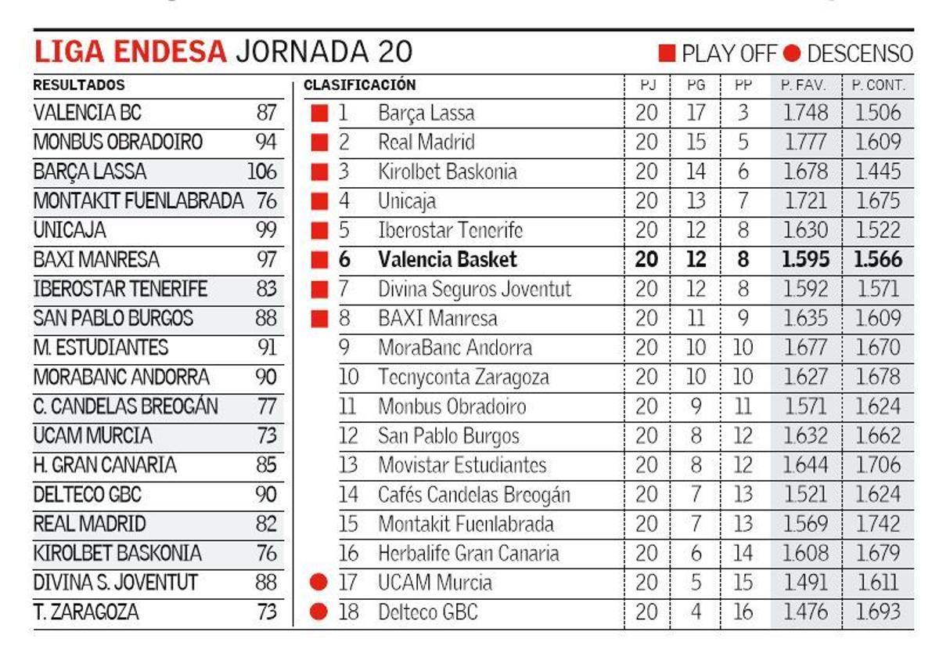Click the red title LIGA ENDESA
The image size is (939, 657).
[x=130, y=52]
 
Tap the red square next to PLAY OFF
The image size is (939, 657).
[x=667, y=53]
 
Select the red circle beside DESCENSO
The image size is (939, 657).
[x=792, y=53]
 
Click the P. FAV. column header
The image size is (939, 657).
[x=804, y=85]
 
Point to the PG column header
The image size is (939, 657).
[x=695, y=85]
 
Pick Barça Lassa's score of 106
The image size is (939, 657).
[x=262, y=171]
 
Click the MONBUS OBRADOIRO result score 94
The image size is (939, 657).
[x=266, y=143]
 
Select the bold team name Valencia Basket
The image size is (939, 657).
[x=448, y=260]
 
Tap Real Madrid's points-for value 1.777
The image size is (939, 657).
[x=805, y=143]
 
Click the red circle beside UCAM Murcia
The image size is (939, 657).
[x=318, y=583]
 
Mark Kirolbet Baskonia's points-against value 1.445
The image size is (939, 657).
[x=877, y=171]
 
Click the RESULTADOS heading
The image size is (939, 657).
[x=79, y=85]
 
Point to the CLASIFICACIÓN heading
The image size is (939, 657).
[x=360, y=85]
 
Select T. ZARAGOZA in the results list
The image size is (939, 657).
[x=86, y=612]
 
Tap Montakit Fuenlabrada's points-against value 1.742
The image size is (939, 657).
[x=877, y=524]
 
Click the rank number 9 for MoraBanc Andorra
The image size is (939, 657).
[x=344, y=348]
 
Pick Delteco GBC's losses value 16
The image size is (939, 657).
[x=743, y=612]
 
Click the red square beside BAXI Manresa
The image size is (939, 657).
[x=318, y=319]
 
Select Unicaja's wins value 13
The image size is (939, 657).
[x=695, y=201]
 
